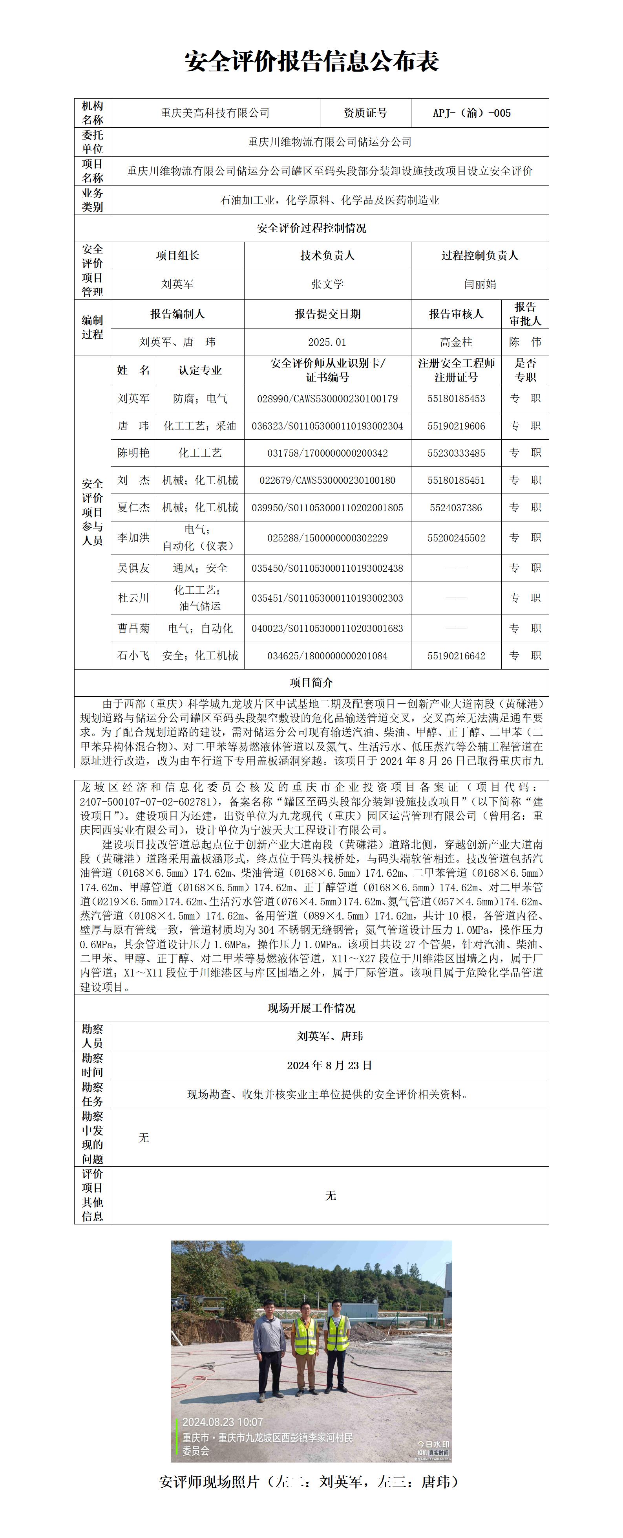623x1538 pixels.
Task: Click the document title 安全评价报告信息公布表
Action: [312, 61]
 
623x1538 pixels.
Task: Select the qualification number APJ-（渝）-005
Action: [471, 113]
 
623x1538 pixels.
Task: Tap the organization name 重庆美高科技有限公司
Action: [215, 113]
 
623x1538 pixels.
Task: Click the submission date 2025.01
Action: [327, 342]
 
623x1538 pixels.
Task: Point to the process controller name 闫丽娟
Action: [480, 284]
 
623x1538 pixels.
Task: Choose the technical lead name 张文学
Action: [327, 284]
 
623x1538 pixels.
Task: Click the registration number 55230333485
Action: [456, 453]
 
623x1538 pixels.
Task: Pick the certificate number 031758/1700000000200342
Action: [327, 453]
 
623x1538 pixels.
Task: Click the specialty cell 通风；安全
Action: [200, 568]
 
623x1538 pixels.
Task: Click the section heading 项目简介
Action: [312, 683]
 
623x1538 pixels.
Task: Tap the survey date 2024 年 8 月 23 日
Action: [329, 1065]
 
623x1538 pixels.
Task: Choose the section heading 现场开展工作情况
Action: [312, 1008]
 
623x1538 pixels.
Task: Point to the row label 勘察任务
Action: [93, 1094]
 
